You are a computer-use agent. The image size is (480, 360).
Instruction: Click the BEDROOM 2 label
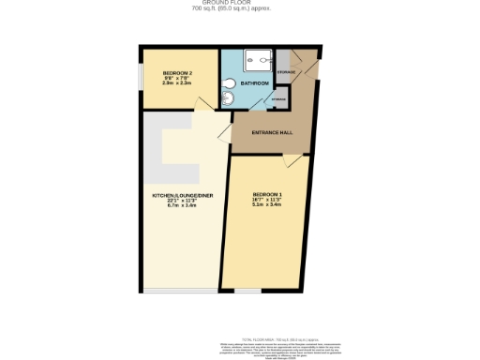click(x=177, y=73)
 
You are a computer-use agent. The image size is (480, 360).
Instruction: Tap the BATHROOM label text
click(x=253, y=83)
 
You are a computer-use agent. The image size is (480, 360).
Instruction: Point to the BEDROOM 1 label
click(x=267, y=194)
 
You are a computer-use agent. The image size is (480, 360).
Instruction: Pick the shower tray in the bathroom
click(x=253, y=60)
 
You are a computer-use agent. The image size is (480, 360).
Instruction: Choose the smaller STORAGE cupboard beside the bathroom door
click(x=278, y=97)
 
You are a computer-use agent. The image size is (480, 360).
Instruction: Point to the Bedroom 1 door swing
click(x=294, y=162)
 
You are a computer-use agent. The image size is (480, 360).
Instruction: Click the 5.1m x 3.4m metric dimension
click(x=267, y=204)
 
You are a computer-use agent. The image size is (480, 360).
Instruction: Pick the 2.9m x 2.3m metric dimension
click(x=177, y=82)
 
